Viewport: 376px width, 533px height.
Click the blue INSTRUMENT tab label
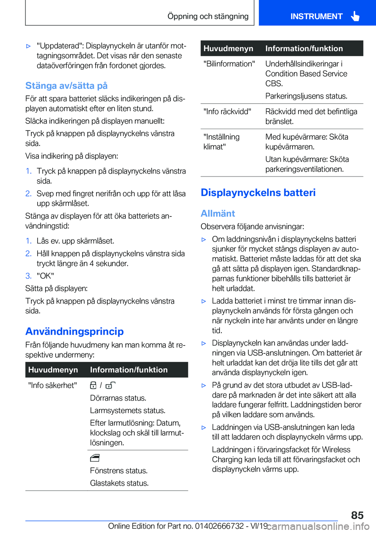(x=316, y=16)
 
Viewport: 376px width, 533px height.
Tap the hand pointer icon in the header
(x=355, y=16)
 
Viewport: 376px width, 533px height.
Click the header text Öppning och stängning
(x=208, y=16)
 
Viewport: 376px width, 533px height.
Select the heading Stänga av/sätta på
(x=66, y=86)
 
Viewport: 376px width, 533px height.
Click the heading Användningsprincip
(x=74, y=331)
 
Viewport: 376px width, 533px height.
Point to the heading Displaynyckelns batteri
(x=258, y=193)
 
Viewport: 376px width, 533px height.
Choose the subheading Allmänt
(x=218, y=213)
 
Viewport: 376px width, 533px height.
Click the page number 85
(x=357, y=515)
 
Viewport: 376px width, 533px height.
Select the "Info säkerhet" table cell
(x=52, y=385)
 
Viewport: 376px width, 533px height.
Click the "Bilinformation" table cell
(x=229, y=64)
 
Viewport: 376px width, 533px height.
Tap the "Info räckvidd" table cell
(x=227, y=112)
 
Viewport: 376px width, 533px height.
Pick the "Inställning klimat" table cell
(x=221, y=142)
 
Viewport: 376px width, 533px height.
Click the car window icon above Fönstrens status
(x=95, y=458)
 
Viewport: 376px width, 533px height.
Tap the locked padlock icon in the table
(x=93, y=385)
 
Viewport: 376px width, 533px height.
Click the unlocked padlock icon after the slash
(x=110, y=385)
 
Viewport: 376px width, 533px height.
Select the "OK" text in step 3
(x=45, y=276)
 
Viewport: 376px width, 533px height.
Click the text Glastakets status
(x=119, y=483)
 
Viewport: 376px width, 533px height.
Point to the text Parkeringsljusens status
(x=306, y=96)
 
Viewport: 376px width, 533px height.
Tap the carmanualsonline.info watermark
(x=318, y=526)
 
